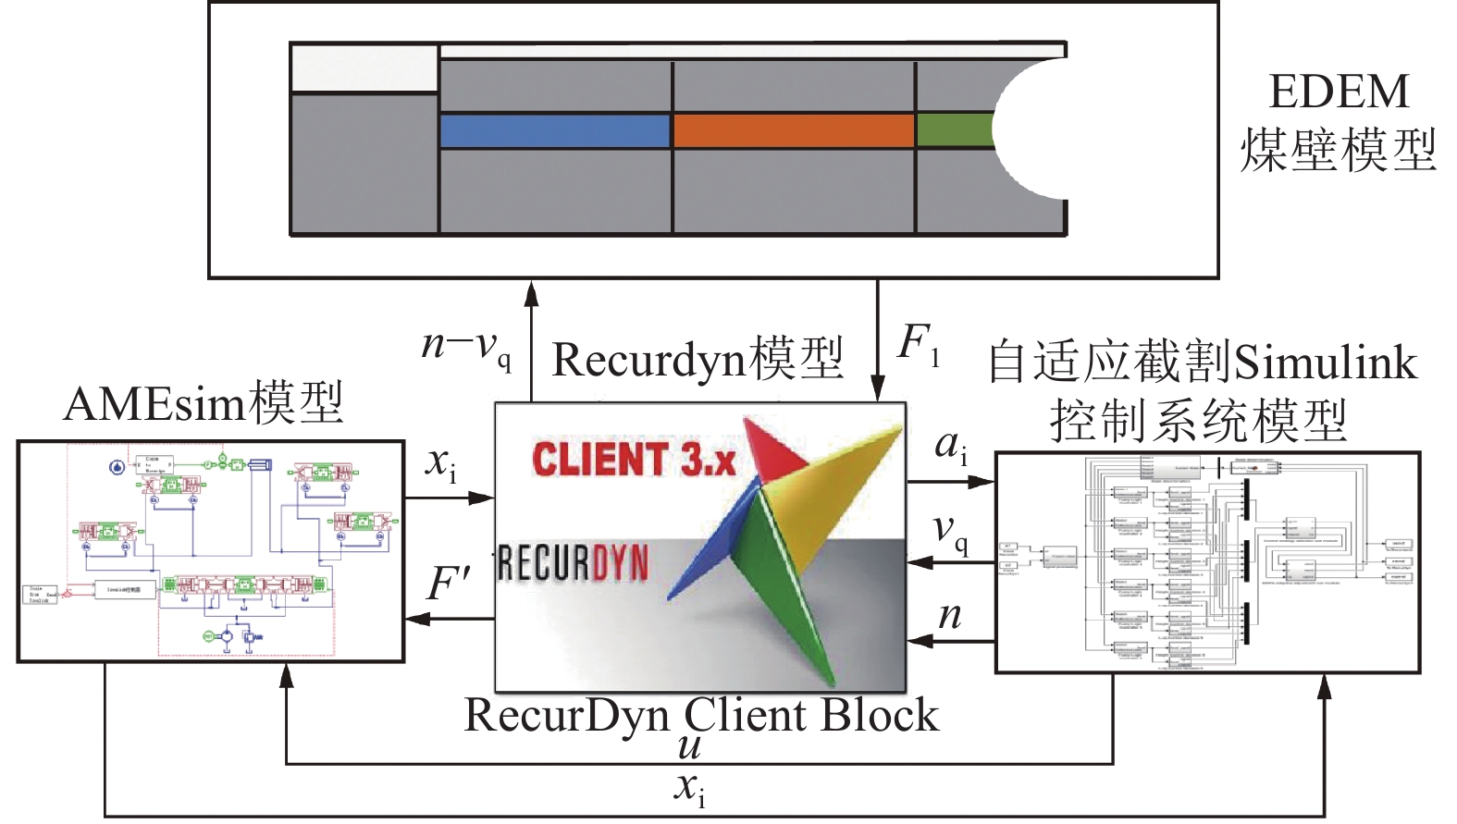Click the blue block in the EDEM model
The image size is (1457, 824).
point(554,130)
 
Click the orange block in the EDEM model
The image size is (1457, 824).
point(794,130)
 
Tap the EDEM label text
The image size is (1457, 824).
point(1339,92)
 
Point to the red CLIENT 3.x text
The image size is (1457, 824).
point(634,460)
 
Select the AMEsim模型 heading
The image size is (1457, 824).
point(204,403)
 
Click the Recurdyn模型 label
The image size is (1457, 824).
point(698,360)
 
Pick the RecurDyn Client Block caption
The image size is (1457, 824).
point(700,715)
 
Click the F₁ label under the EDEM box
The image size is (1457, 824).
point(919,344)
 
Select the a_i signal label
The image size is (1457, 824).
point(951,447)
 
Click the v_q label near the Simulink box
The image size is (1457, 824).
point(951,531)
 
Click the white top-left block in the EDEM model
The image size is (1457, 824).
point(364,68)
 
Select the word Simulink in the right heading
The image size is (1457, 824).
point(1325,362)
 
